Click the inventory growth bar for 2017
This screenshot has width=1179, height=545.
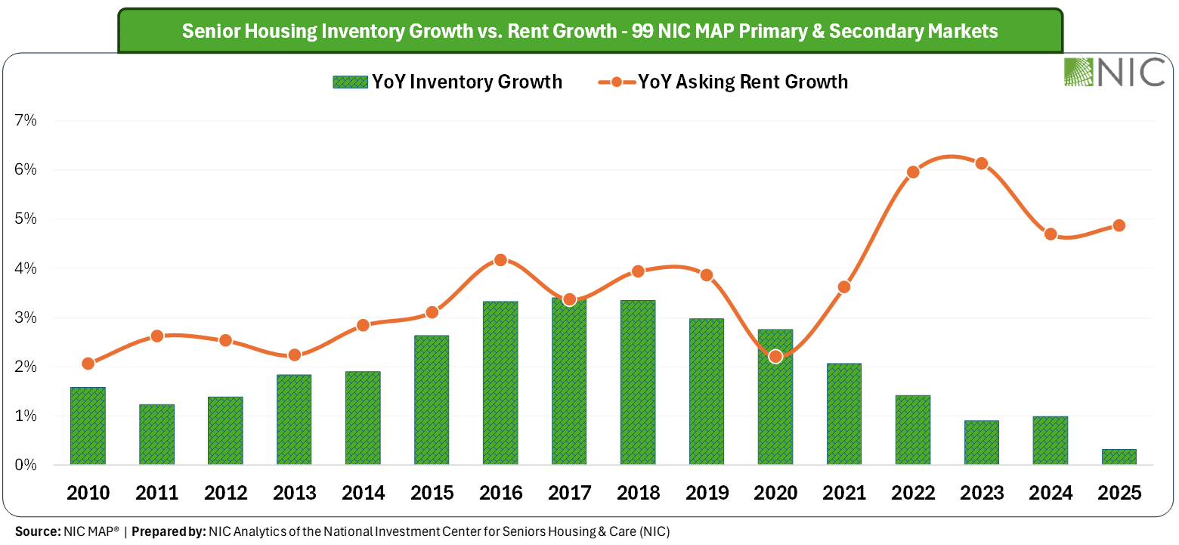tap(569, 381)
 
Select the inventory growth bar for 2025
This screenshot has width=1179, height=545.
tap(1119, 457)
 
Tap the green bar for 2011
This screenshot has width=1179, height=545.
tap(157, 435)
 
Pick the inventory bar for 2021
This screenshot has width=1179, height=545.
tap(844, 414)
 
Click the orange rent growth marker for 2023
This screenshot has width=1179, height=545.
tap(982, 164)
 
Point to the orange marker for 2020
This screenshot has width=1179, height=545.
tap(775, 357)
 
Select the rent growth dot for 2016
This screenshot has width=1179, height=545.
tap(500, 260)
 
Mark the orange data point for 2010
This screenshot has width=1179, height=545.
tap(88, 364)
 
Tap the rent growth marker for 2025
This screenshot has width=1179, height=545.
tap(1119, 225)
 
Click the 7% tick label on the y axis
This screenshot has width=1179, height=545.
tap(26, 121)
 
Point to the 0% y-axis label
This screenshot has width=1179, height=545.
tap(26, 465)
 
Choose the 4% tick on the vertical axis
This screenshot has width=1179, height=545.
tap(26, 268)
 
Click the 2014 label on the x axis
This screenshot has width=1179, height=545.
tap(364, 493)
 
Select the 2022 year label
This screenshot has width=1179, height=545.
tap(913, 493)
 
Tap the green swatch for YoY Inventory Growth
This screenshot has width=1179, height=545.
tap(350, 82)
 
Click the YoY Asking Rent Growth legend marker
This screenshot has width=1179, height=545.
tap(617, 82)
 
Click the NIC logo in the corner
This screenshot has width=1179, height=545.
tap(1114, 72)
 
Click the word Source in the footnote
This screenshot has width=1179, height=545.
tap(38, 532)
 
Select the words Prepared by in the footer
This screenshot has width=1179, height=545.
tap(169, 532)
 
